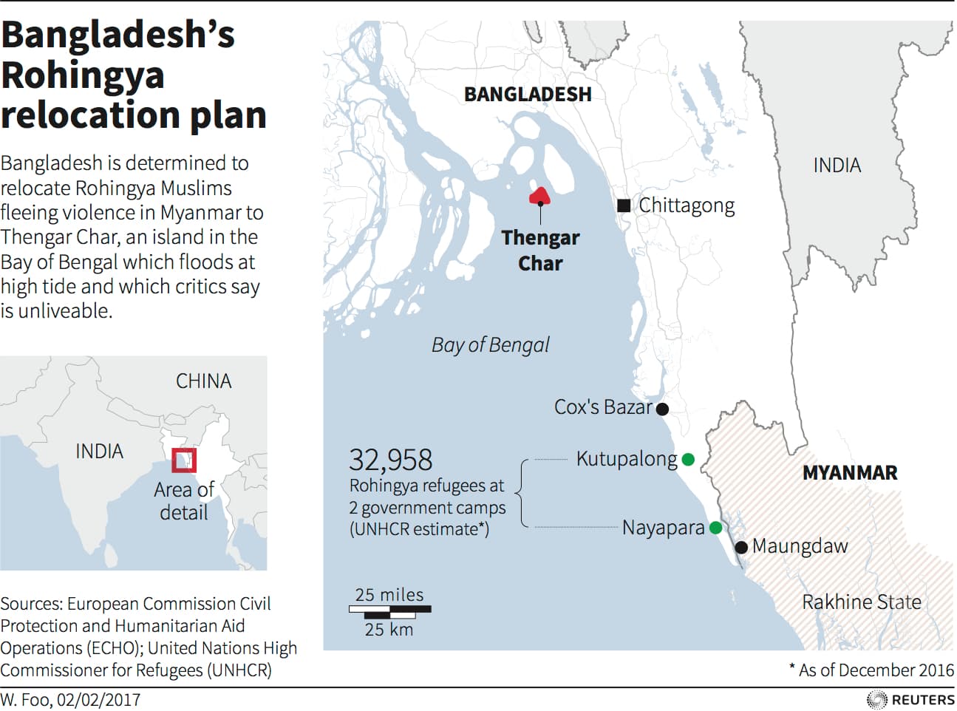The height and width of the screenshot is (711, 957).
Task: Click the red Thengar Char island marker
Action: (539, 196)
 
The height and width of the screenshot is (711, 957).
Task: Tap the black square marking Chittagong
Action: (624, 205)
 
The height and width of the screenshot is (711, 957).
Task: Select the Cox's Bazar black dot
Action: (662, 409)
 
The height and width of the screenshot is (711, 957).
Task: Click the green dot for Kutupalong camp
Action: (688, 460)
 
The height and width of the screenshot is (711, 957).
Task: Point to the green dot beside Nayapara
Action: (715, 528)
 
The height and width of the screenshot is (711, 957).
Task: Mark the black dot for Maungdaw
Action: (741, 547)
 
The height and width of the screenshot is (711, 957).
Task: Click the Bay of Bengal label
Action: (490, 344)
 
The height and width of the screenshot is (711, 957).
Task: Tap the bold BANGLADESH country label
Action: (528, 95)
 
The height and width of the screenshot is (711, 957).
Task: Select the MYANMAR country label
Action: (850, 473)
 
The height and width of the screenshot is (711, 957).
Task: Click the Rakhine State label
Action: (862, 602)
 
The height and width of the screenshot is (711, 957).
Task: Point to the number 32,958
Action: (390, 460)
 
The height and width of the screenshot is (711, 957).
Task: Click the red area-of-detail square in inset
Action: (184, 460)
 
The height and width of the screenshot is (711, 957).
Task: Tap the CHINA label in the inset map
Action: (203, 381)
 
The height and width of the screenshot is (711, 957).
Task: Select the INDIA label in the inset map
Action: (99, 451)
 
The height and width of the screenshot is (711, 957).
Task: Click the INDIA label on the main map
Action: (837, 165)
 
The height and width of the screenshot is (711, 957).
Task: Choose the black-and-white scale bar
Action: (389, 611)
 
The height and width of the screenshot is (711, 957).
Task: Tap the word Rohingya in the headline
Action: (83, 75)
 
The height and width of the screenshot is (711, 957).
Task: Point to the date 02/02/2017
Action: (98, 699)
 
